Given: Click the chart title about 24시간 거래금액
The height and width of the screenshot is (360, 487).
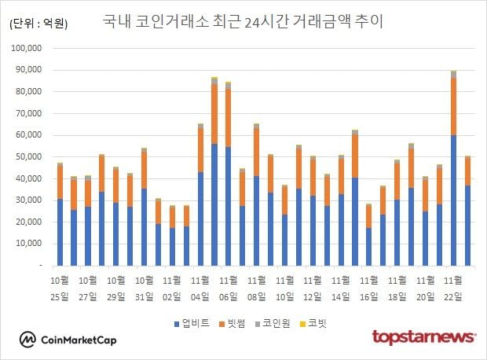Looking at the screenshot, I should pyautogui.click(x=243, y=21).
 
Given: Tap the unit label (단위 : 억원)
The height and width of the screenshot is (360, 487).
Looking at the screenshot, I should pyautogui.click(x=38, y=24).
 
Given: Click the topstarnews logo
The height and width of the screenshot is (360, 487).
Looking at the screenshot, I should pyautogui.click(x=424, y=337).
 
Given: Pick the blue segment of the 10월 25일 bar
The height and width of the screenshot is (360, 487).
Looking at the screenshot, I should pyautogui.click(x=60, y=232).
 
